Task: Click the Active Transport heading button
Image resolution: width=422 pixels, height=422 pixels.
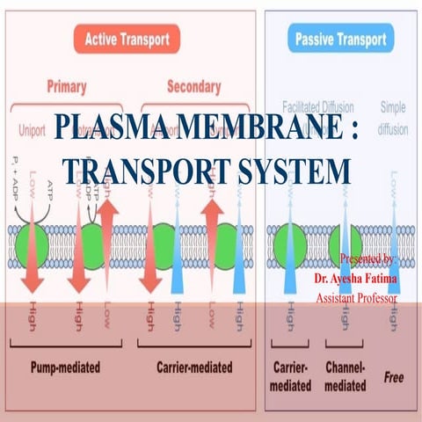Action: click(x=127, y=38)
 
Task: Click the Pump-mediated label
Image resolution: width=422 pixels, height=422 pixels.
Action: click(x=67, y=367)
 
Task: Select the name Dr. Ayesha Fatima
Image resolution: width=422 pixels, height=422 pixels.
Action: click(x=355, y=279)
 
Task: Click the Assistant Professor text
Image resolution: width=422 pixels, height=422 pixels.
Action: click(x=356, y=298)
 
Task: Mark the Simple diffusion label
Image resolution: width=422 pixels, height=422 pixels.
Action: click(x=393, y=114)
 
